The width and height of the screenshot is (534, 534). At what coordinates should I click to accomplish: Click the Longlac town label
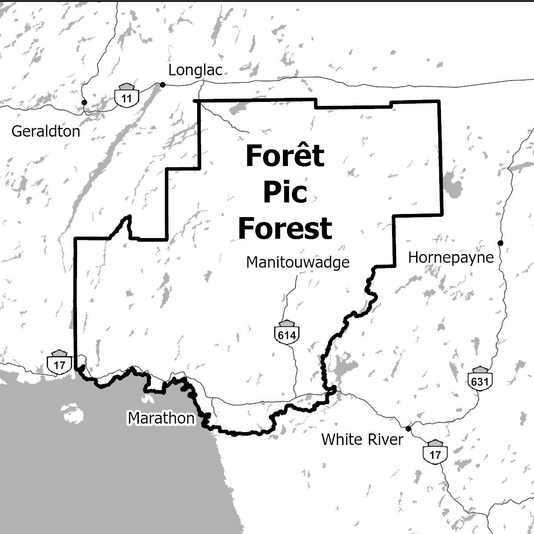195,70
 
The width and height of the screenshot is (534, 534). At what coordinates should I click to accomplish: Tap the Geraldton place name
46,131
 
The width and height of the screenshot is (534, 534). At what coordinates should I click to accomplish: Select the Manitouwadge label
298,262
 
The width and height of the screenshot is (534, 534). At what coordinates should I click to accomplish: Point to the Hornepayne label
451,258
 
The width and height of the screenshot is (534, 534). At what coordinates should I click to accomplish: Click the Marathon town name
161,418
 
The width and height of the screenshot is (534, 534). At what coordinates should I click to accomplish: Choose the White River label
362,440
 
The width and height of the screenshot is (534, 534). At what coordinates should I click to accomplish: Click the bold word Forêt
285,156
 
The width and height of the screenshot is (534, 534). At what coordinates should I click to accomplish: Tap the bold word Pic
285,193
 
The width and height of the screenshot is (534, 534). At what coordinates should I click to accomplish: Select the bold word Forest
285,228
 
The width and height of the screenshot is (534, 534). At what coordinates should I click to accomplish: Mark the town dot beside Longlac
162,85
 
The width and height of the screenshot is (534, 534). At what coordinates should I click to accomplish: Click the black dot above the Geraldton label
84,102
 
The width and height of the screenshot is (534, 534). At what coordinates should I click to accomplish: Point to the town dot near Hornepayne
500,243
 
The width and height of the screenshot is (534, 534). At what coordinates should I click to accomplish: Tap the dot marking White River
408,429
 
